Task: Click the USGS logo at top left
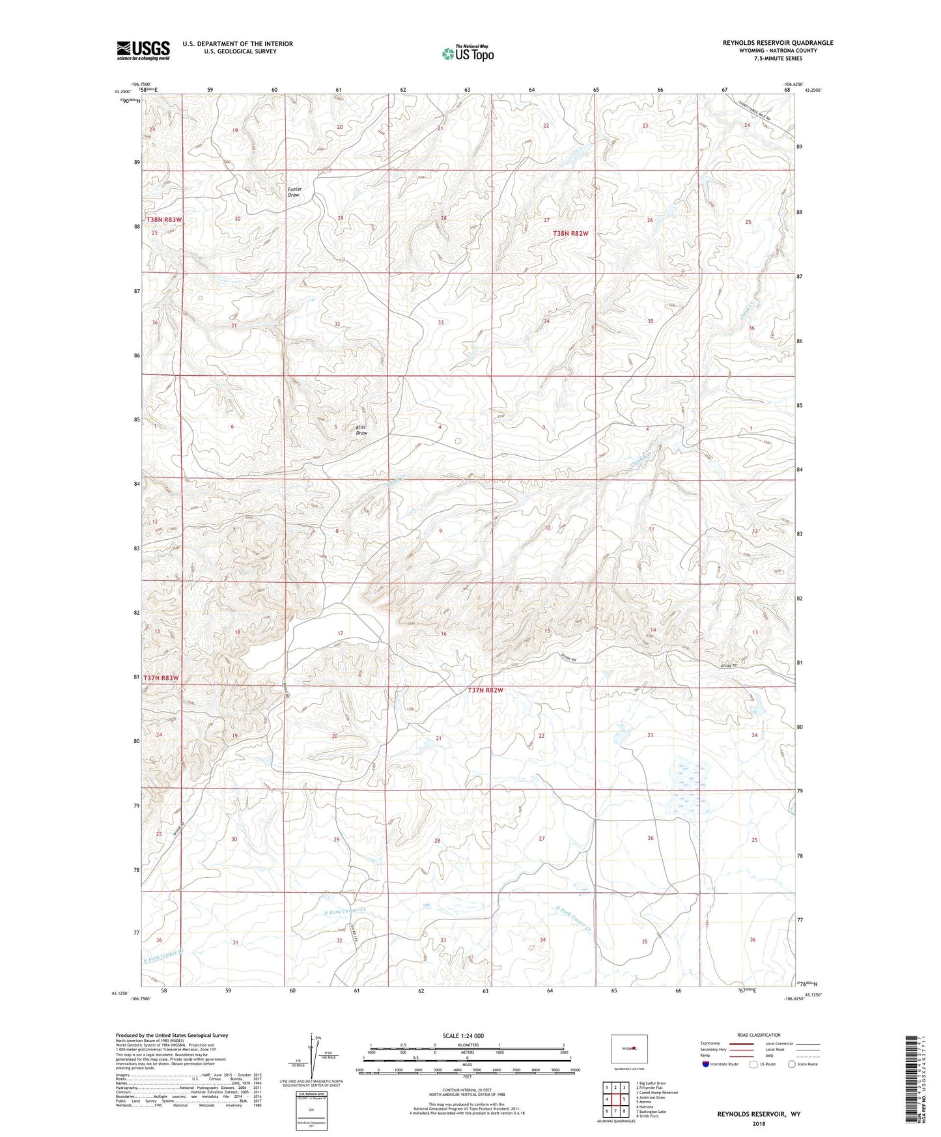(x=143, y=50)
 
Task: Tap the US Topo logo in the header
(x=468, y=53)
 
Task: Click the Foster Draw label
(x=294, y=192)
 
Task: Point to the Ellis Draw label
(x=361, y=430)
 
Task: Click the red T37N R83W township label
(x=161, y=678)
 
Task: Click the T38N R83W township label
(x=163, y=220)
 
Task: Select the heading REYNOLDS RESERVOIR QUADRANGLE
(x=778, y=43)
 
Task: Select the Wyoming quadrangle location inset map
(x=629, y=1048)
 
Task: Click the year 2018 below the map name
(x=759, y=1123)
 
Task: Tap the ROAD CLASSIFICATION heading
(x=759, y=1035)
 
